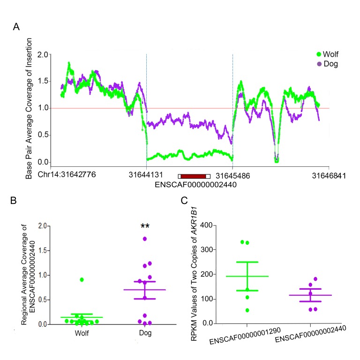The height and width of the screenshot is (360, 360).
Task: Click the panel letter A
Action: click(16, 28)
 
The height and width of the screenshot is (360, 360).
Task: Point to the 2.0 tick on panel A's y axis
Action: click(43, 54)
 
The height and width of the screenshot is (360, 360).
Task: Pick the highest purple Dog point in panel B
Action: click(145, 239)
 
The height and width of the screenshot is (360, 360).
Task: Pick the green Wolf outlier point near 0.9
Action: click(82, 279)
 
